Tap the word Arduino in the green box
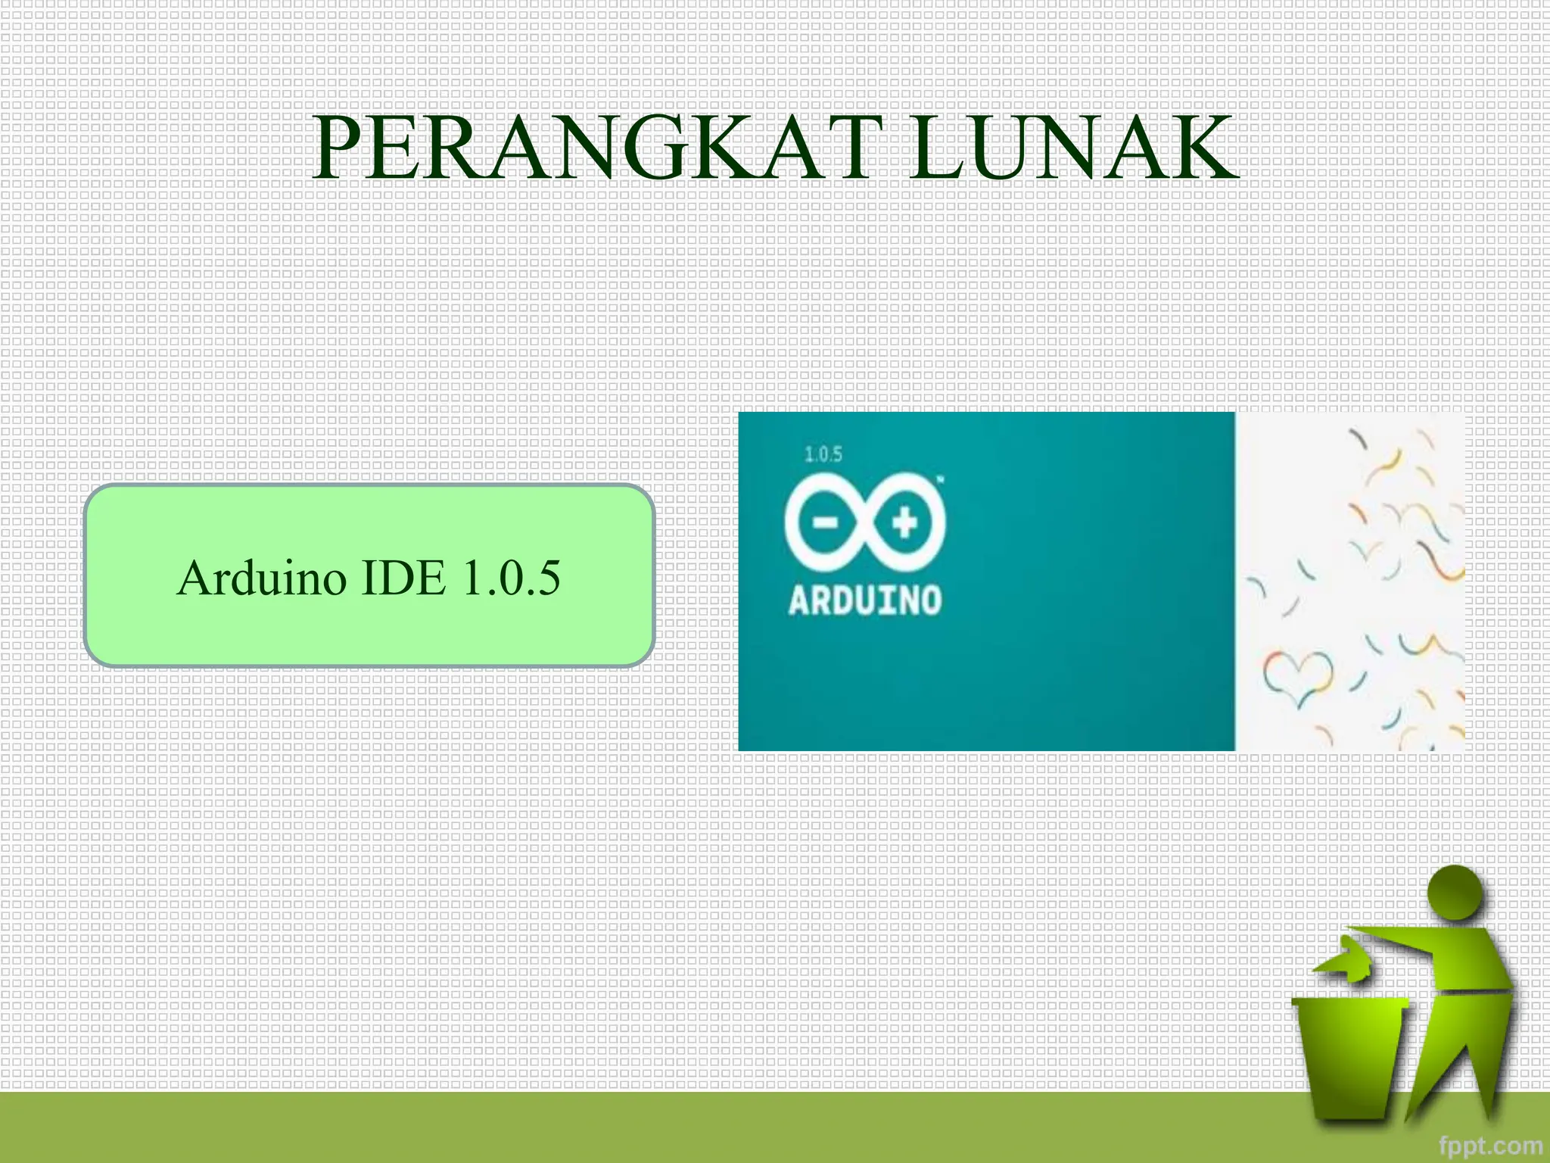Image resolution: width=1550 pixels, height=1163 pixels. tap(262, 578)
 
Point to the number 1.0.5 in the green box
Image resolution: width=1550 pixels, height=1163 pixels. tap(512, 578)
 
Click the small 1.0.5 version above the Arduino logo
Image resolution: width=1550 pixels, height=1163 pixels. tap(823, 454)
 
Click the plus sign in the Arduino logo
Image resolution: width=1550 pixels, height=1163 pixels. tap(905, 522)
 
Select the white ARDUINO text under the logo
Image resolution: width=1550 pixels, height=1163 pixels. tap(865, 600)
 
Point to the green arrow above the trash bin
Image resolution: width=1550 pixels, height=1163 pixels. tap(1343, 962)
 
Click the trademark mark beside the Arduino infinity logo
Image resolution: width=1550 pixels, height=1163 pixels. tap(941, 479)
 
